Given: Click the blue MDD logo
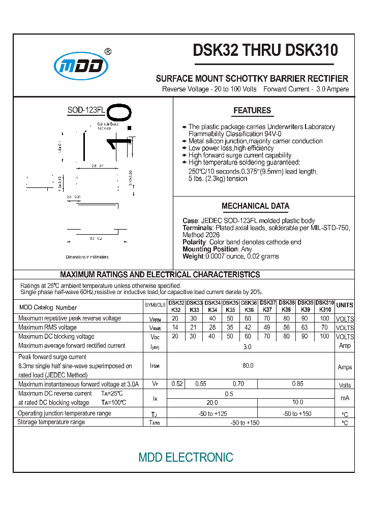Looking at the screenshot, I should tap(81, 66).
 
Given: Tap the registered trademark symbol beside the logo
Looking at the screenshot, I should tap(108, 51).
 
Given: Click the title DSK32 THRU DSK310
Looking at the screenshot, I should tap(265, 50).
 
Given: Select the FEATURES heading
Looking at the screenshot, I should tap(252, 110).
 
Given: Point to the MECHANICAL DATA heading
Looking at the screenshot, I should tap(255, 206).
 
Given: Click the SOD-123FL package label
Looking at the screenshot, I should tap(86, 110).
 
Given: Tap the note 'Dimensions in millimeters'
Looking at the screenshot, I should tap(91, 258).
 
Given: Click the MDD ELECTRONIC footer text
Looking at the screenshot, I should tap(186, 457).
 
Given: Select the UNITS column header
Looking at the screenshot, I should tap(345, 305).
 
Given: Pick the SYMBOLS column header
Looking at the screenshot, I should tap(155, 305).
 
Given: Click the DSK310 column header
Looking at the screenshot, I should tap(325, 305).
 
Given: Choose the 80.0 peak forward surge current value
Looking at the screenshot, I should tap(248, 365).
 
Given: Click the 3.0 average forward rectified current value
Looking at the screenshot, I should tap(248, 346).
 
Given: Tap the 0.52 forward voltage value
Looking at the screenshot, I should tap(177, 384).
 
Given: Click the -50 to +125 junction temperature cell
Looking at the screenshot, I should tap(212, 413).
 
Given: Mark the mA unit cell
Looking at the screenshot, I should tap(345, 398).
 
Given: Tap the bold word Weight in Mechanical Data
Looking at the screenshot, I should tap(193, 256).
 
